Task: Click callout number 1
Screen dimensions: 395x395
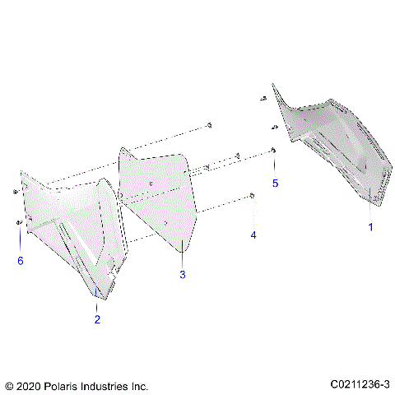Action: tap(369, 226)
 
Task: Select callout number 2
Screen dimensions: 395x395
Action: tap(97, 319)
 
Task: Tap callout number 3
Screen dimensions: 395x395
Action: tap(183, 274)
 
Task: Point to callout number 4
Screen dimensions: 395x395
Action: tap(253, 235)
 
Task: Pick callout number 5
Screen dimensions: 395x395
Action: tap(276, 182)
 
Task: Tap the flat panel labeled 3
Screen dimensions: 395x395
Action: tap(160, 197)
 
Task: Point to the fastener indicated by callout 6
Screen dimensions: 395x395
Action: tap(18, 223)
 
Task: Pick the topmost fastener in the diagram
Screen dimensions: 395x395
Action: tap(264, 98)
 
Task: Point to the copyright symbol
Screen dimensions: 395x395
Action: tap(9, 384)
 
